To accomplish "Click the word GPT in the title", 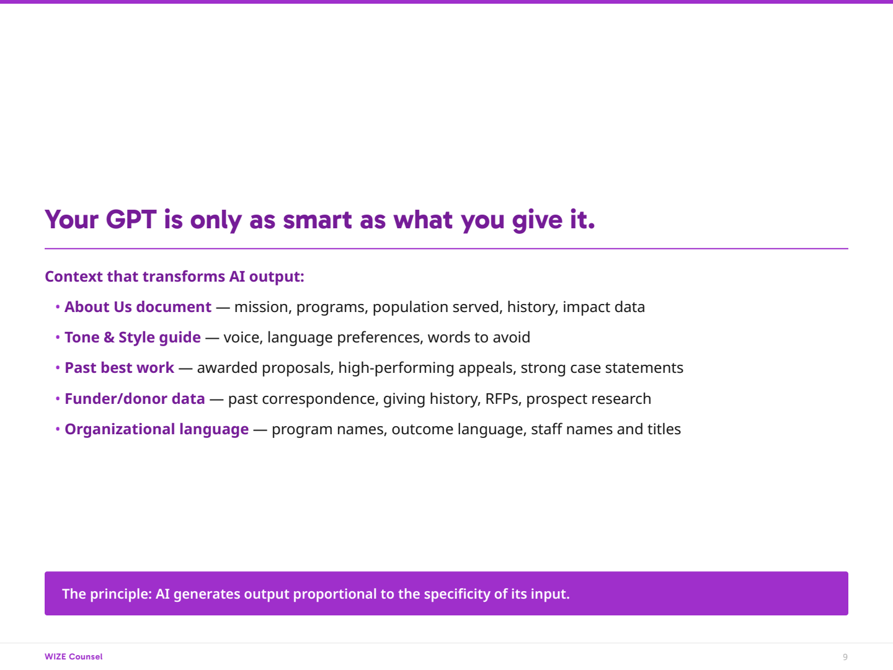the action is click(x=131, y=220).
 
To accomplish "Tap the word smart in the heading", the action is click(x=316, y=220).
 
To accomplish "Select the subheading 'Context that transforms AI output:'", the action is click(x=174, y=277).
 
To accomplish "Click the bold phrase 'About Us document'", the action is click(x=138, y=307).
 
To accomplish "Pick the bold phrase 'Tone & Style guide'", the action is click(x=133, y=337).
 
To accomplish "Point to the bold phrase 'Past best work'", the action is click(x=119, y=368).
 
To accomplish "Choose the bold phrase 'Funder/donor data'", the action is click(x=135, y=399).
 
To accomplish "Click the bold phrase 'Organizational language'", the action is click(x=157, y=429).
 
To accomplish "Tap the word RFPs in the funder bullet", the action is click(x=504, y=399).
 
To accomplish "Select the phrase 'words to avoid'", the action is click(x=479, y=337).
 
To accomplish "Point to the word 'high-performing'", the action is click(x=396, y=368).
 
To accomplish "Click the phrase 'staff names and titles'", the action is click(x=606, y=429).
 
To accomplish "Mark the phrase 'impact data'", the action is click(x=604, y=307).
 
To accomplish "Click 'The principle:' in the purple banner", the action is click(x=107, y=594).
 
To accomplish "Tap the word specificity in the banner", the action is click(x=457, y=594).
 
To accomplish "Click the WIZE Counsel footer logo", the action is click(x=74, y=657).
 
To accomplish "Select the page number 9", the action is click(x=845, y=657).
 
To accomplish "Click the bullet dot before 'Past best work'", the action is click(x=58, y=368).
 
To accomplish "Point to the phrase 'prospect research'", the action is click(x=589, y=399).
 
